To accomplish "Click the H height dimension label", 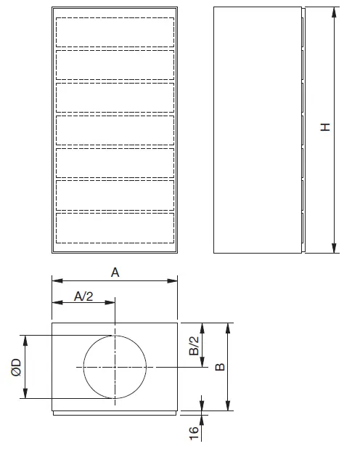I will click(327, 127).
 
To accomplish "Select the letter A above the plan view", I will click(114, 272).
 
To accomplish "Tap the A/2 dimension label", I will click(84, 296).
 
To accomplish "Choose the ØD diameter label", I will click(15, 367).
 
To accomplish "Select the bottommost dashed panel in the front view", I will click(115, 227).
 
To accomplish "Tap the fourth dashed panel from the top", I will click(115, 129).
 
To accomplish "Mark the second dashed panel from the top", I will click(115, 65).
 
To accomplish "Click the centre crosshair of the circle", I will click(115, 368).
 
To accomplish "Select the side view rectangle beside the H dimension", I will click(257, 129).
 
